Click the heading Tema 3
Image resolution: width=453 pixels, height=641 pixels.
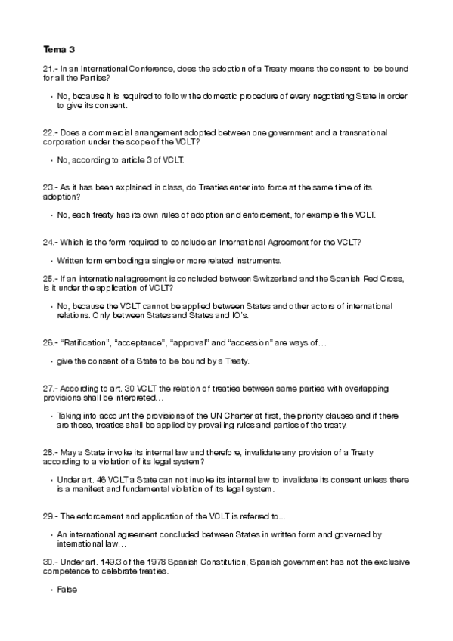point(59,50)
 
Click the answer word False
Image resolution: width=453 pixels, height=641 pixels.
point(67,588)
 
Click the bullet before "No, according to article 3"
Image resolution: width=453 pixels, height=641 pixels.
point(51,160)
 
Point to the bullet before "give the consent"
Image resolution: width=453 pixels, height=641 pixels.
point(51,361)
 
